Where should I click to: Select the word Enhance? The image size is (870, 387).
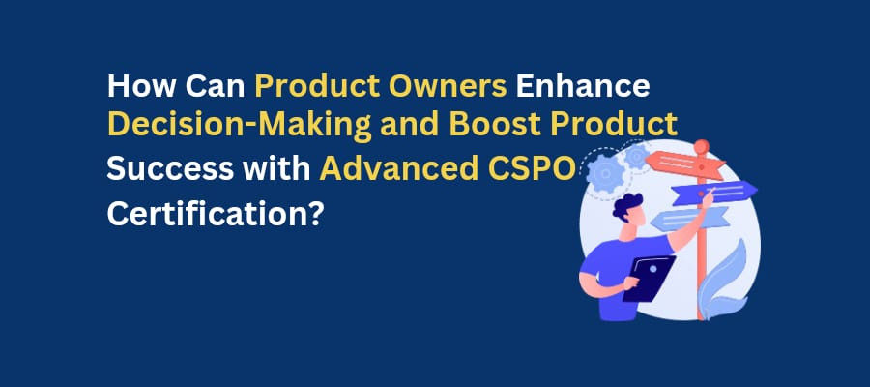[583, 86]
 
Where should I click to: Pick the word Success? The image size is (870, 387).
[170, 168]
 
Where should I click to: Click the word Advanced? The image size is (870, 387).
[399, 168]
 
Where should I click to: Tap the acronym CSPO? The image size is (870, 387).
[532, 168]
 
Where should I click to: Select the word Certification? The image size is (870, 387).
[216, 213]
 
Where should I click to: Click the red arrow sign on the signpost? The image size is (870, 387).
[684, 164]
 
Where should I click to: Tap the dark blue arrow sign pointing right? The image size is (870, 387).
[714, 193]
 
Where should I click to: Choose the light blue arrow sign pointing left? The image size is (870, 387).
[689, 219]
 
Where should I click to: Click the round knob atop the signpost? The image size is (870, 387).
[702, 147]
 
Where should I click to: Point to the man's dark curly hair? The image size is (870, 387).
[626, 206]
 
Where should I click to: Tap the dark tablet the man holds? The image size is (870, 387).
[649, 279]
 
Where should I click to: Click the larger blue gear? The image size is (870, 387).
[605, 173]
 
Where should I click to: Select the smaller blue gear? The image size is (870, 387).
[636, 156]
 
